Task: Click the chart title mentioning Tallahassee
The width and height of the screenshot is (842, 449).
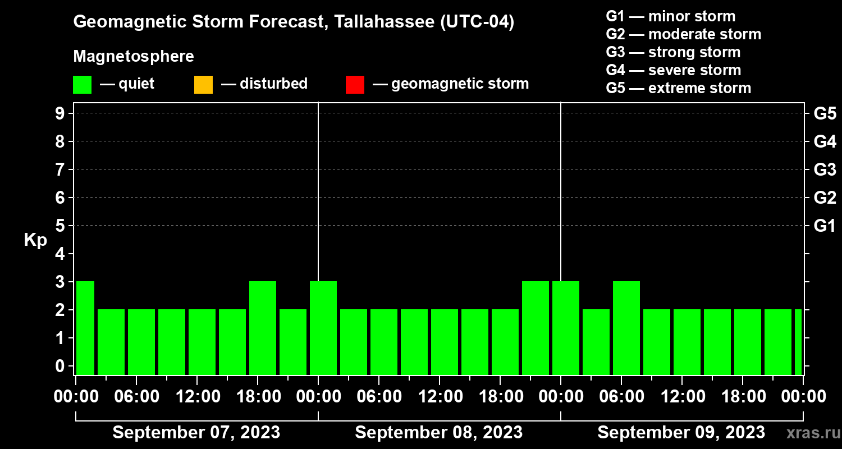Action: click(x=294, y=22)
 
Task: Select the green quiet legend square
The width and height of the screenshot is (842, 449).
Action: click(x=82, y=84)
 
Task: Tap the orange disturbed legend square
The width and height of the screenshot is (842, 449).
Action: click(x=203, y=84)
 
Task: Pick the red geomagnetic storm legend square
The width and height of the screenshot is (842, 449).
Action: click(x=355, y=84)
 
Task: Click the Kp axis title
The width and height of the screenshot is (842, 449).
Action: click(x=35, y=240)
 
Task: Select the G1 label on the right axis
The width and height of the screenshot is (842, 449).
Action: click(x=825, y=226)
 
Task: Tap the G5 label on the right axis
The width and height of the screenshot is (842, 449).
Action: click(x=825, y=114)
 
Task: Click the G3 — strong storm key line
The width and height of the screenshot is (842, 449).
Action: click(x=673, y=52)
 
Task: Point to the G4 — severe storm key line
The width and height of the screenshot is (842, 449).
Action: click(x=673, y=70)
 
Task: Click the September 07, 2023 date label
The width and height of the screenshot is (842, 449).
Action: click(x=196, y=433)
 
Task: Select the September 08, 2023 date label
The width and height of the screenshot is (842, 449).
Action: click(x=439, y=433)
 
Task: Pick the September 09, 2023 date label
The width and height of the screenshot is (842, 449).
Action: click(x=681, y=433)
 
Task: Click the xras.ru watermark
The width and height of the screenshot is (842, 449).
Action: click(x=811, y=433)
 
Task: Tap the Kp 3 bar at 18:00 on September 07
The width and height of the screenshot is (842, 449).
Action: click(x=263, y=328)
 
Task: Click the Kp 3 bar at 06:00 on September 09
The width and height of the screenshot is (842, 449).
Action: click(x=626, y=328)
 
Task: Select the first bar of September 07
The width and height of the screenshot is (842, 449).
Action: click(x=85, y=328)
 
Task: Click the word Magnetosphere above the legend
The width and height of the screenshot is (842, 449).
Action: click(x=134, y=57)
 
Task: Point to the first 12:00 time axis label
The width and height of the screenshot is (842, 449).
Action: click(x=197, y=397)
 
